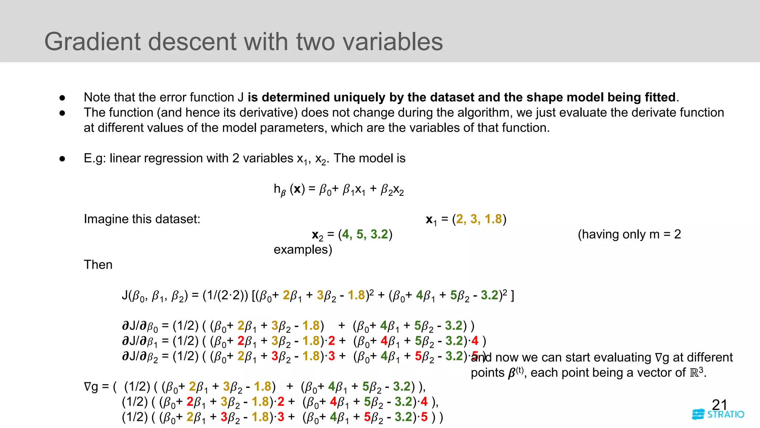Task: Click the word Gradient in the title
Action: tap(93, 41)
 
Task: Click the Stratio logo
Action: tap(718, 414)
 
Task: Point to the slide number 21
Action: tap(719, 404)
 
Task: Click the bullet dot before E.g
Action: tap(62, 159)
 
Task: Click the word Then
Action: tap(98, 265)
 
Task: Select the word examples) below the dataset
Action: tap(303, 250)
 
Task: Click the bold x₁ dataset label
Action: tap(431, 220)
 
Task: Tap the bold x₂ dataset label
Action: tap(317, 235)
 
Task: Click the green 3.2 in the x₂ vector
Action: tap(379, 234)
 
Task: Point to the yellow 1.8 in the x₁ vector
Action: tap(493, 219)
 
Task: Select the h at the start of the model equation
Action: tap(277, 189)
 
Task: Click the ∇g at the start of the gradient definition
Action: tap(91, 387)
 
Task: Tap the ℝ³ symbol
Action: tap(696, 372)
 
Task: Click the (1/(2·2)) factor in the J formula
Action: tap(225, 295)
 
